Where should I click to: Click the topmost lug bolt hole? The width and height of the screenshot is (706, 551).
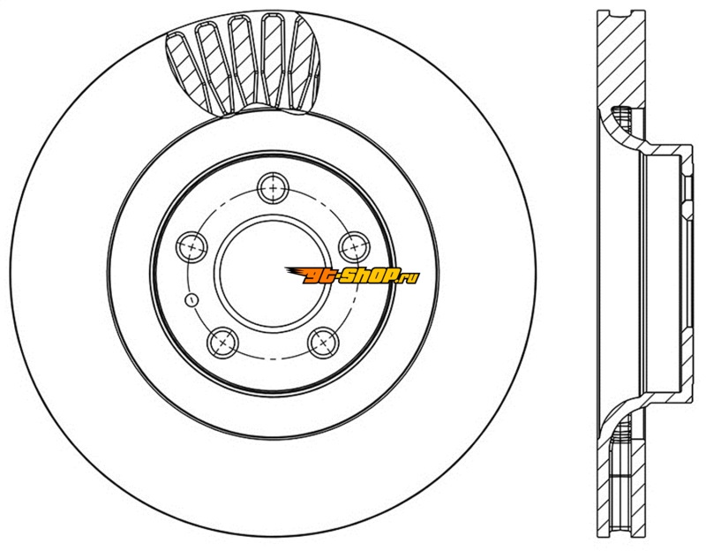coord(273,188)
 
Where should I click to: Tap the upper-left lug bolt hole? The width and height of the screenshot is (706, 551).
coord(192,247)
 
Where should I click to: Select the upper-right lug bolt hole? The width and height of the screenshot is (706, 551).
coord(355,247)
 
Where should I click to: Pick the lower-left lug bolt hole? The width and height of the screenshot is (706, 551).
coord(222,343)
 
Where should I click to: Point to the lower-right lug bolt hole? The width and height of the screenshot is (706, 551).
coord(323,343)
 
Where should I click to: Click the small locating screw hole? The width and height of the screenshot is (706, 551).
coord(192,299)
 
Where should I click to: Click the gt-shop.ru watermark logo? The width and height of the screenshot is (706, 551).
coord(352,275)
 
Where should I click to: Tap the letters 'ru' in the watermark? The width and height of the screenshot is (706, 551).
coord(410,278)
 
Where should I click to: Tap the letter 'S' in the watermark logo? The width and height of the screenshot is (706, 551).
coord(347,275)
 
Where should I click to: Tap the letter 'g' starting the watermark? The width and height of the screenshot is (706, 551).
coord(312,276)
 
